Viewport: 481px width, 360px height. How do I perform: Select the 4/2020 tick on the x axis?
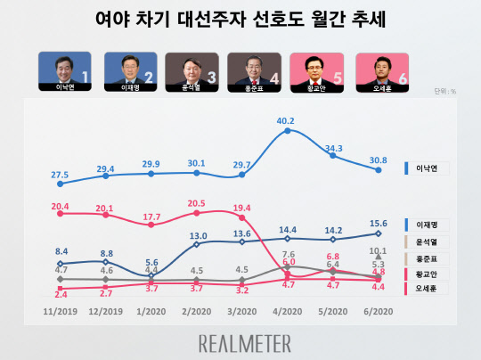[x=286, y=313]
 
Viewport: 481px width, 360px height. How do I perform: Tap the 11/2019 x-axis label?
[x=60, y=313]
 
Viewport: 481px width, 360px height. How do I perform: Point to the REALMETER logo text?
[x=240, y=342]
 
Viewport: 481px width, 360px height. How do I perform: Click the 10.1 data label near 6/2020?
[x=379, y=251]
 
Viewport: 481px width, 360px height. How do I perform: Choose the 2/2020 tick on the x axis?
[x=195, y=313]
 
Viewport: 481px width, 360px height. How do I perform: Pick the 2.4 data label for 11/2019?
[x=60, y=293]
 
